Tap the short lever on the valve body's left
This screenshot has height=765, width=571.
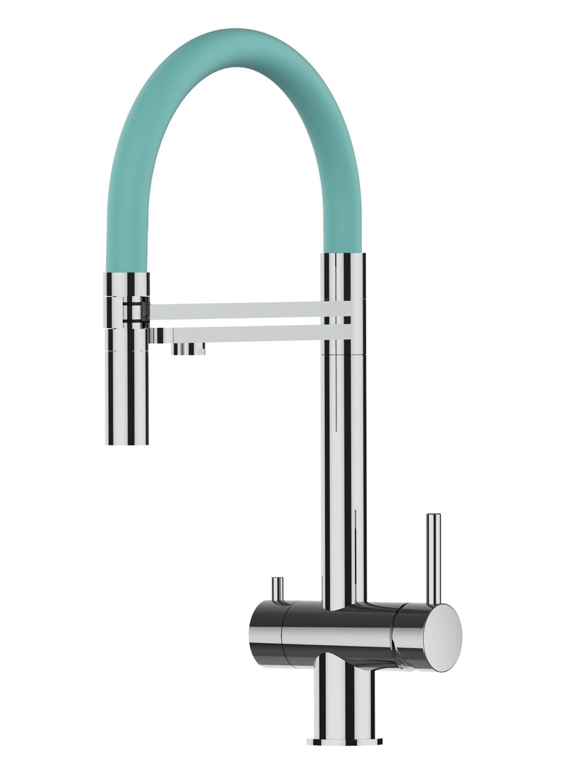pos(277,591)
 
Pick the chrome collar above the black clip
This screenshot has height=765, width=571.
pos(127,284)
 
